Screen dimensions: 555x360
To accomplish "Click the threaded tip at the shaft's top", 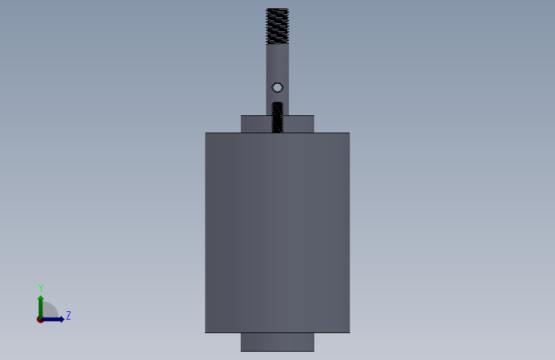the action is [278, 26].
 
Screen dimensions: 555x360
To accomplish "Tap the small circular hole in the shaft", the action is [278, 88].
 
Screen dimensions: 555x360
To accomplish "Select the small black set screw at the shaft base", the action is [278, 117].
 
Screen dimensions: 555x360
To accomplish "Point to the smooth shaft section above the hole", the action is [278, 63].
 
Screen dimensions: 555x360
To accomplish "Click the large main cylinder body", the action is [278, 233].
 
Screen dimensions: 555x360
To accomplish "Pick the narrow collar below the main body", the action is [278, 342].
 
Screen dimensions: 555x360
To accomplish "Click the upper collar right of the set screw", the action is [299, 124].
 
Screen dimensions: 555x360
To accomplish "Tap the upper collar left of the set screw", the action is [256, 124].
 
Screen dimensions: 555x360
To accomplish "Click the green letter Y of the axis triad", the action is [41, 288].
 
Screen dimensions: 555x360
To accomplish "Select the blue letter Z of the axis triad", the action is [68, 315].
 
